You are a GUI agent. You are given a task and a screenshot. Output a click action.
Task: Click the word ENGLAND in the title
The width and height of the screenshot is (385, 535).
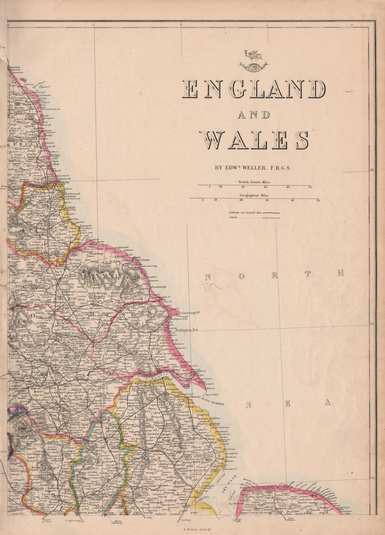(254, 90)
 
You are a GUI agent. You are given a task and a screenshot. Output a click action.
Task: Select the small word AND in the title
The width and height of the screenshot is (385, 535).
(254, 115)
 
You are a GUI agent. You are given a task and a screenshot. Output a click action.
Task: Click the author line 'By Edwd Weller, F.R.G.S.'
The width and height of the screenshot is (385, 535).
(253, 168)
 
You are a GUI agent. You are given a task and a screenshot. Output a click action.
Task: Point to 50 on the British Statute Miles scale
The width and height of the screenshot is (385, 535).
(310, 187)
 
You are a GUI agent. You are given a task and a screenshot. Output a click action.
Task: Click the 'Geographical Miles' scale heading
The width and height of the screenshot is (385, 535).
(254, 195)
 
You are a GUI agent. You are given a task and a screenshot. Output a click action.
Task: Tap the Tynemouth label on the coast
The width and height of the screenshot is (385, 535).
(64, 179)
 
